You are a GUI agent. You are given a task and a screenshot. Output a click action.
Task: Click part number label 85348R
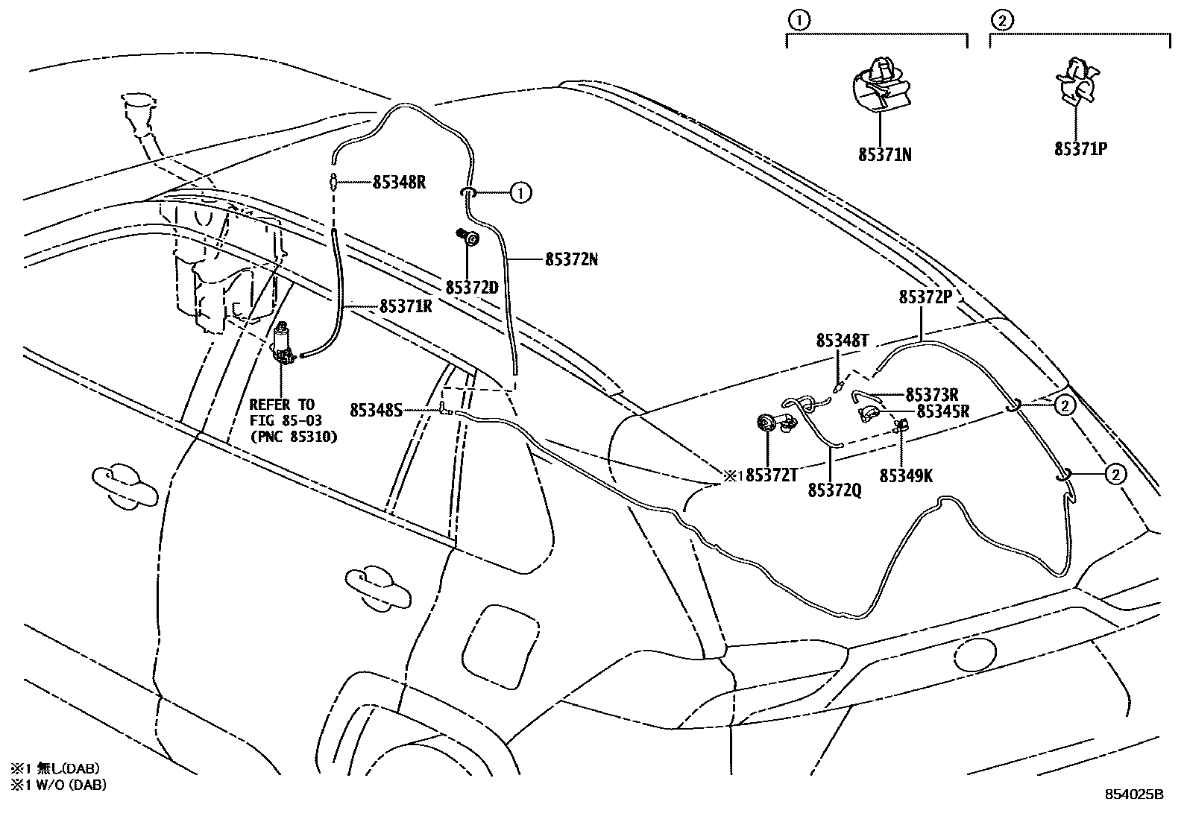399,182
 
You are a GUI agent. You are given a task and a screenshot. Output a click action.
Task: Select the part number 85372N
571,260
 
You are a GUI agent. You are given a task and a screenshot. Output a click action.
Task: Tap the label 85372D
471,287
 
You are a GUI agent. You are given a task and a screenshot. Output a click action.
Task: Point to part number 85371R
406,306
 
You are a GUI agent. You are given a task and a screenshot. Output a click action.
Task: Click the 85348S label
376,410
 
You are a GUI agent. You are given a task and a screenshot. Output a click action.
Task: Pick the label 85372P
925,297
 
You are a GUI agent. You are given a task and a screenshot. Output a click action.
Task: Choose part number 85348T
843,341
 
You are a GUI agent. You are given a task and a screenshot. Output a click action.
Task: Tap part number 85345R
942,411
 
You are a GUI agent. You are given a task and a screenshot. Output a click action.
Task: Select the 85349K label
906,476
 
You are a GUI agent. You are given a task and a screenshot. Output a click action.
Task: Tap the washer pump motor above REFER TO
283,346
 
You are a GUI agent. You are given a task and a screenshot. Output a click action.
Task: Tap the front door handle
125,486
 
